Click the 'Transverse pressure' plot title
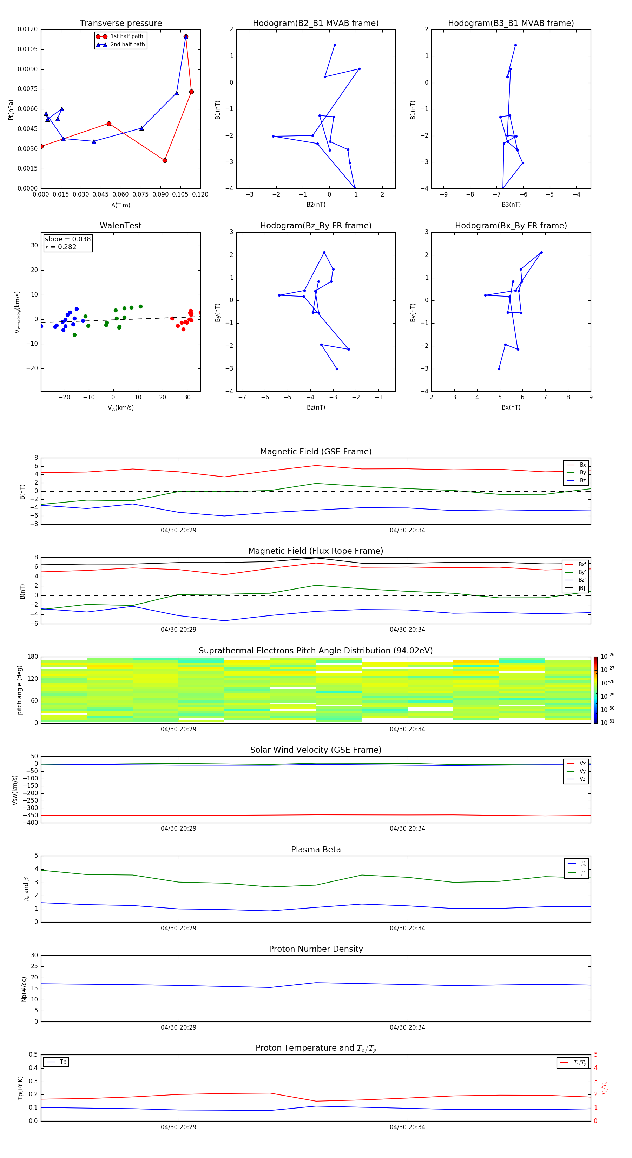point(120,24)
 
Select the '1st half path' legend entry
point(126,36)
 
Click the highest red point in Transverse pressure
point(186,37)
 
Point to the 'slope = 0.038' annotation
point(67,239)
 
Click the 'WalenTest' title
point(120,226)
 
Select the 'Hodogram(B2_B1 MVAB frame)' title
point(315,24)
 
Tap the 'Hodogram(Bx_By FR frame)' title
point(511,226)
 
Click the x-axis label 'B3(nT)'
point(511,205)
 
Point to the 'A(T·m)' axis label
point(120,205)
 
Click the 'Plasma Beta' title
point(315,850)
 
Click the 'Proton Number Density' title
point(315,949)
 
